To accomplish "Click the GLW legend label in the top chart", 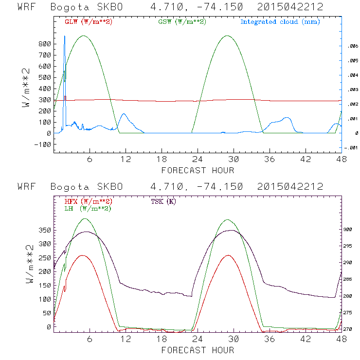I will click(86, 22).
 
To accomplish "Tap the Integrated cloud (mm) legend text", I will click(280, 22).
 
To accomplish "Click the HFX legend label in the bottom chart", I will click(88, 201).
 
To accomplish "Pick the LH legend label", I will click(88, 208).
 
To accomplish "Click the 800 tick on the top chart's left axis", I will click(44, 44).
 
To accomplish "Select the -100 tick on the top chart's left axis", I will click(42, 144).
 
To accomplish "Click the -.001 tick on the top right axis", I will click(351, 148).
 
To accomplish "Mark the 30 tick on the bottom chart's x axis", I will click(234, 340).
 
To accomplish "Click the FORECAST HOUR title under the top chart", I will click(198, 170).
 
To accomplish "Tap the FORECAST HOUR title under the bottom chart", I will click(198, 350).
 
